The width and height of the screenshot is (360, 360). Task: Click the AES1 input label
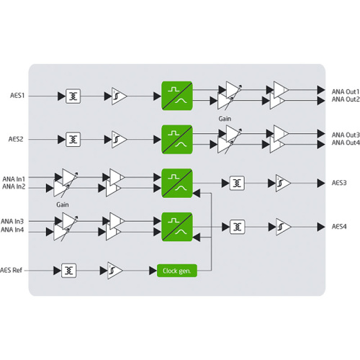tap(17, 96)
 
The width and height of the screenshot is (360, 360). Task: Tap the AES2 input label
tap(16, 139)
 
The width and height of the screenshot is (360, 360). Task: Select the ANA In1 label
tap(14, 179)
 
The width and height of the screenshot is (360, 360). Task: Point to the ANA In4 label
tap(12, 230)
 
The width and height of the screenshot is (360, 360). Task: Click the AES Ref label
tap(11, 270)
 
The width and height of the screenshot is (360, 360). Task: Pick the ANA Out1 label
tap(346, 91)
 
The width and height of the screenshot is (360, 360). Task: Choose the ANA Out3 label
tap(346, 135)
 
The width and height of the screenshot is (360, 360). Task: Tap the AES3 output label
tap(339, 183)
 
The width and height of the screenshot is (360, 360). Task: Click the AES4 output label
tap(339, 227)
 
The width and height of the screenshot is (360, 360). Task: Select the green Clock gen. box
tap(177, 271)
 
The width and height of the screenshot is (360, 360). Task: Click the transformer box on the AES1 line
tap(73, 96)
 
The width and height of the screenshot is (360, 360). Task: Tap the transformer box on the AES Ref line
tap(69, 271)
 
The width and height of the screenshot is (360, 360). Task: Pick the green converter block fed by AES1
tap(177, 96)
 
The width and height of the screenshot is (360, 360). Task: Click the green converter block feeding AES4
tap(177, 227)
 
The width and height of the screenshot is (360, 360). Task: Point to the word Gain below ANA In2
tap(63, 204)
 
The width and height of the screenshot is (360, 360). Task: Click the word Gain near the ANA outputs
tap(225, 119)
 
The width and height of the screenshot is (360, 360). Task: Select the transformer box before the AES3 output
tap(237, 183)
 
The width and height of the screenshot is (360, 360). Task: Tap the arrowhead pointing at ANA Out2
tap(321, 101)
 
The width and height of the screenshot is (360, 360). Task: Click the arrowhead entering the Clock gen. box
tap(153, 271)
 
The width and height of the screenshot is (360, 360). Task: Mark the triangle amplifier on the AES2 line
tap(119, 140)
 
